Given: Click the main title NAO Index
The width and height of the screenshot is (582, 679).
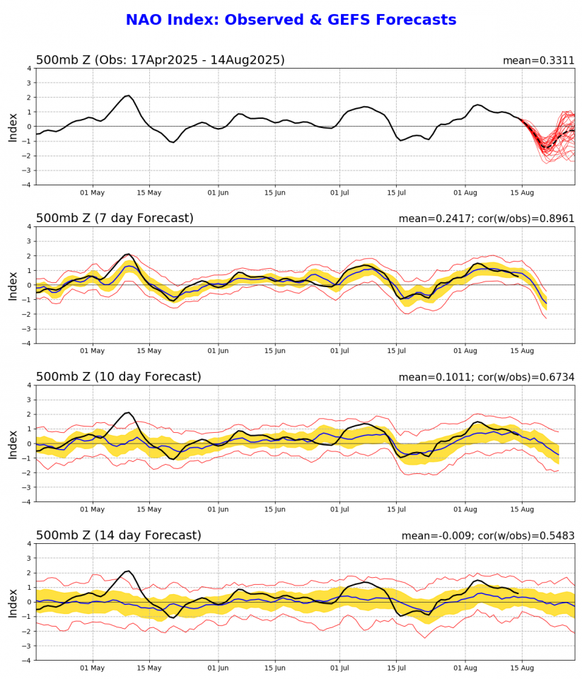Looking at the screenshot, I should click(291, 21).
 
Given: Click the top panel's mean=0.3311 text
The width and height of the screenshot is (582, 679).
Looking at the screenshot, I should click(538, 61).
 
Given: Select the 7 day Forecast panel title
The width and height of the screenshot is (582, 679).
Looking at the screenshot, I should click(115, 219).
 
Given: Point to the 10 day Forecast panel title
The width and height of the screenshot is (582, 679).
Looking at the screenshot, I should click(118, 377).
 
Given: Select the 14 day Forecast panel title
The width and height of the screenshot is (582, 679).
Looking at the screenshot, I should click(118, 535).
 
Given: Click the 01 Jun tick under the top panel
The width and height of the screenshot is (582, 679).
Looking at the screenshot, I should click(218, 192).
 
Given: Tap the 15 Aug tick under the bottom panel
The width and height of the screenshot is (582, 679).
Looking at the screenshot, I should click(522, 668).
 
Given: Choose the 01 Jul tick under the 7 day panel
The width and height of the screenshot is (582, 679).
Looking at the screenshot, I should click(339, 351).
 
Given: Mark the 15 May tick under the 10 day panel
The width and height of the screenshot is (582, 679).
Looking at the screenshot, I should click(149, 509).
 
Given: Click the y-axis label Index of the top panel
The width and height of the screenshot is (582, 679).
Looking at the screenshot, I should click(13, 127).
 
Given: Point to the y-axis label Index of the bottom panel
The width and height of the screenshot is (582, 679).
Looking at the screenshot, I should click(13, 602).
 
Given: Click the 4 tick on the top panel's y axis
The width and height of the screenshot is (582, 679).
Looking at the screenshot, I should click(28, 69).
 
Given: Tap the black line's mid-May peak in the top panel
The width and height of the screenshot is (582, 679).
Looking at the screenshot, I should click(128, 95).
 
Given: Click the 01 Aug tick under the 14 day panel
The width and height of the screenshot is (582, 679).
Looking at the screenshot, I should click(465, 668).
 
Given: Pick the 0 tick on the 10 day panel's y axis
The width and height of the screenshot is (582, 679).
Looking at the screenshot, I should click(28, 443).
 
